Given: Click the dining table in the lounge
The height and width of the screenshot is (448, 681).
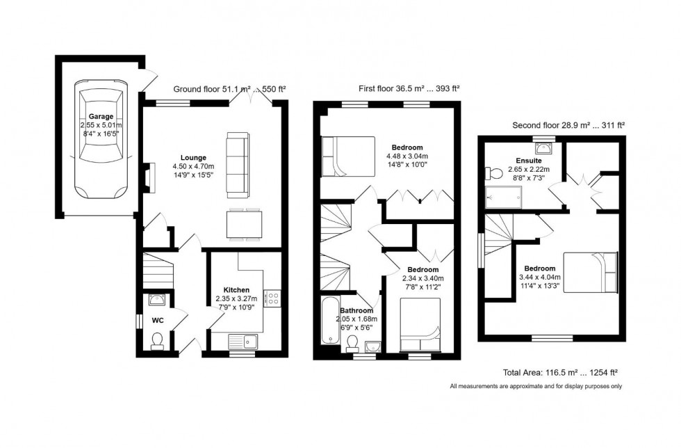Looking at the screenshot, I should [243, 225].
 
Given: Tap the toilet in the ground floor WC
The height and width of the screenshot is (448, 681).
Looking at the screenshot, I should [158, 339].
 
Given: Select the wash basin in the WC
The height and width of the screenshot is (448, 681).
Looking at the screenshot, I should [157, 301].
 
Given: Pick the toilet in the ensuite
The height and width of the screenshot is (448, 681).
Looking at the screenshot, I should [494, 172].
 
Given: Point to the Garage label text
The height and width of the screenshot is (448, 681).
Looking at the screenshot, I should [101, 117].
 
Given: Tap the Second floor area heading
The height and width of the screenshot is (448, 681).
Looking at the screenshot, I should [568, 125].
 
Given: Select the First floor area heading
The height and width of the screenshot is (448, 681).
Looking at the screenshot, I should [409, 88].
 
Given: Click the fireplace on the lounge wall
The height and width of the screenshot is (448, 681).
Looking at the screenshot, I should [147, 177].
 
